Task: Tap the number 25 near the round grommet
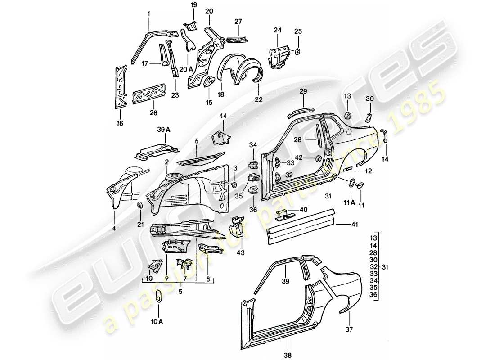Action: pyautogui.click(x=298, y=31)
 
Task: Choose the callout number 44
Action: pyautogui.click(x=223, y=117)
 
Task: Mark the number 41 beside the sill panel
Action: pyautogui.click(x=355, y=223)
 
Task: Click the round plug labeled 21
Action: pyautogui.click(x=140, y=205)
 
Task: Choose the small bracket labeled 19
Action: pyautogui.click(x=190, y=25)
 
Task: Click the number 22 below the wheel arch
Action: pyautogui.click(x=258, y=98)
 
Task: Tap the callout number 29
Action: pyautogui.click(x=303, y=91)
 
